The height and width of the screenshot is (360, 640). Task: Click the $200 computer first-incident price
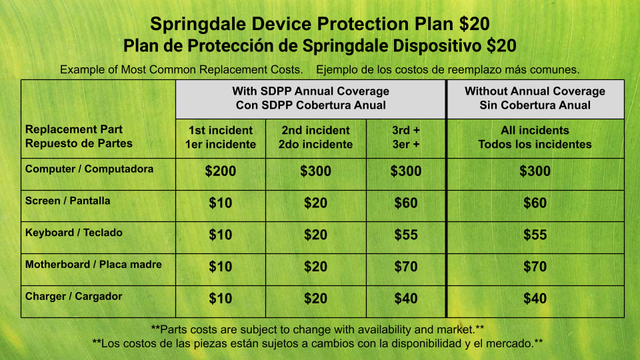pyautogui.click(x=221, y=171)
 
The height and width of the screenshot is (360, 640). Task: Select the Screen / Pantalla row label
pyautogui.click(x=68, y=201)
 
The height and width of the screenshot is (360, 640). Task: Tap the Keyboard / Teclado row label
pyautogui.click(x=74, y=233)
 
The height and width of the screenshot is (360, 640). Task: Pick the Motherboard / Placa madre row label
pyautogui.click(x=93, y=265)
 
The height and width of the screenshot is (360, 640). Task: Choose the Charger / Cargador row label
pyautogui.click(x=74, y=296)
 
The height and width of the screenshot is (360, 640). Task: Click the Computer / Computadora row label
pyautogui.click(x=89, y=169)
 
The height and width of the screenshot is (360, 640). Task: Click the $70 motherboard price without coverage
pyautogui.click(x=535, y=267)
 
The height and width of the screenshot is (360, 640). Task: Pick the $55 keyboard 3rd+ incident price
pyautogui.click(x=406, y=235)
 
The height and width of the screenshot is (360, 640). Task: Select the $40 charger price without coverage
pyautogui.click(x=535, y=299)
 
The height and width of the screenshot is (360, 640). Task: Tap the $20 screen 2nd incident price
pyautogui.click(x=315, y=203)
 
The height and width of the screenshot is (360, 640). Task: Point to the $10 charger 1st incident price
pyautogui.click(x=221, y=299)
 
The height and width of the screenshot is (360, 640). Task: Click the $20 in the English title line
pyautogui.click(x=474, y=24)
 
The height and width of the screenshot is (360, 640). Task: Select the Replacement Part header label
pyautogui.click(x=74, y=129)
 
